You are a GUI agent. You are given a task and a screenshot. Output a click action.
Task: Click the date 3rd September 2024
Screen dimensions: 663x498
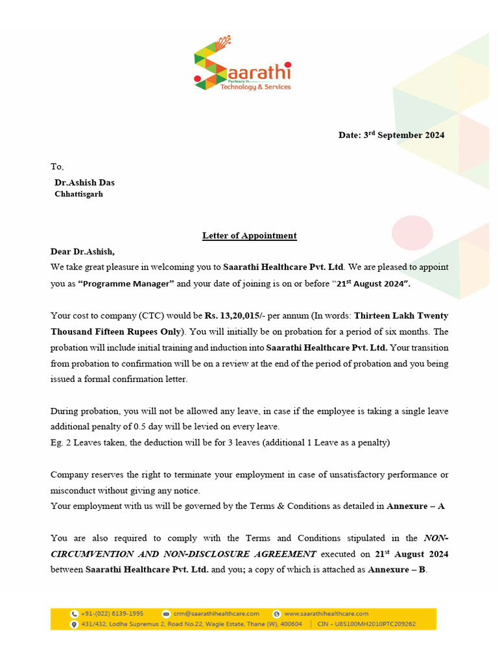(391, 135)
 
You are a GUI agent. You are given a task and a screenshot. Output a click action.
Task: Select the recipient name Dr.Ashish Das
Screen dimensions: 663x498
(84, 183)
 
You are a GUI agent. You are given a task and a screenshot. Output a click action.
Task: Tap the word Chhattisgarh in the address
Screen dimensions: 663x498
(78, 194)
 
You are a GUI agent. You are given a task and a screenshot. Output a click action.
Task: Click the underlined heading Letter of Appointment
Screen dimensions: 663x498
(249, 236)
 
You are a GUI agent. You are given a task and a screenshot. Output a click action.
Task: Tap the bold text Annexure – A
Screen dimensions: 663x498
(416, 506)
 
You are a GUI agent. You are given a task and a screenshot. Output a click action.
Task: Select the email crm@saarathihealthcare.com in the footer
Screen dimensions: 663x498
(216, 613)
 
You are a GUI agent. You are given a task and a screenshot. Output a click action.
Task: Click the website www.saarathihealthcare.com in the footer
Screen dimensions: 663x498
(326, 613)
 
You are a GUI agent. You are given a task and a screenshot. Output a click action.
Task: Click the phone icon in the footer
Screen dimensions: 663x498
(75, 613)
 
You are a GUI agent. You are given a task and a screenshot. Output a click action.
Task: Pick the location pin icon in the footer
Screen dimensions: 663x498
(75, 624)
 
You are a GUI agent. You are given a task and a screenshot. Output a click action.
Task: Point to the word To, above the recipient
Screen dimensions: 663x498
(57, 166)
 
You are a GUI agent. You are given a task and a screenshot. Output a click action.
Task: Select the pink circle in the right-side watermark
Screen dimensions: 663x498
(412, 232)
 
